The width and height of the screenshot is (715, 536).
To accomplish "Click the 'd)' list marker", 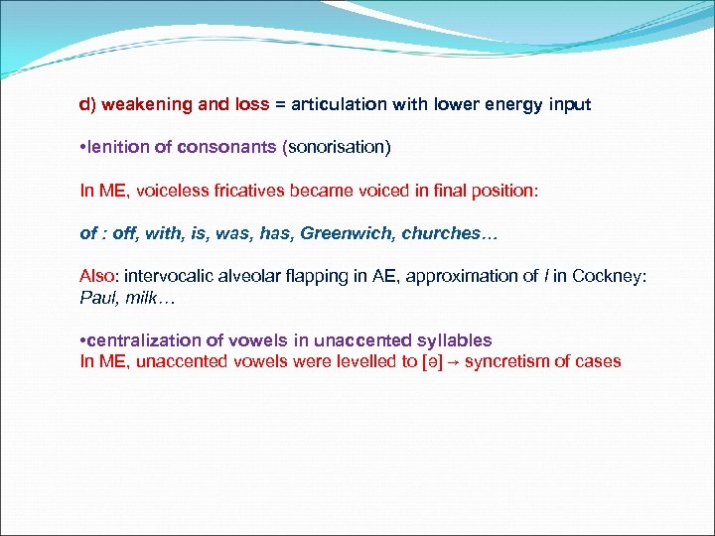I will point(88,104).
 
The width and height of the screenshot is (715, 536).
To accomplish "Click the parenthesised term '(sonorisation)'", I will point(338,147).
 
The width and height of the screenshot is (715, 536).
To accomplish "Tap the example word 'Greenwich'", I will point(348,233).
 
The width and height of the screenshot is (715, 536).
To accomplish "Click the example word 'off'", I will point(122,233).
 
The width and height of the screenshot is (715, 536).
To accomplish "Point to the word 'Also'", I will point(98,276).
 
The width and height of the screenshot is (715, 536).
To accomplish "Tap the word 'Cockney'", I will point(612,276).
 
